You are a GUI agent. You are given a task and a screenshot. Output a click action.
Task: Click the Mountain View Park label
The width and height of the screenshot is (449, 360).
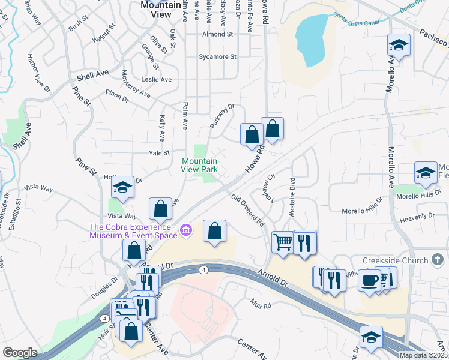click(199, 165)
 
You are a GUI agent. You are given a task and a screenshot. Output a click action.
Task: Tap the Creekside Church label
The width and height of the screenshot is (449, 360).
click(394, 260)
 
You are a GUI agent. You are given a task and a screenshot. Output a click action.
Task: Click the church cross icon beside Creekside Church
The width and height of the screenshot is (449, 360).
click(437, 260)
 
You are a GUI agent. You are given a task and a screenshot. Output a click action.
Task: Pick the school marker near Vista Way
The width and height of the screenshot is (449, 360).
click(122, 188)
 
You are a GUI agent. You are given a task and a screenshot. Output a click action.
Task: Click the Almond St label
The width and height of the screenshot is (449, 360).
click(217, 35)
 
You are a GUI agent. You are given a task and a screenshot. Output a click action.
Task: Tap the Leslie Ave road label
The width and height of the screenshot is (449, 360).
click(156, 80)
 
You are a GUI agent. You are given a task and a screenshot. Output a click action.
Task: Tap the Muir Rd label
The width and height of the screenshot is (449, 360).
click(262, 305)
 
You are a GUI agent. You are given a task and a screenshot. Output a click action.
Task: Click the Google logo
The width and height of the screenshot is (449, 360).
click(20, 353)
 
